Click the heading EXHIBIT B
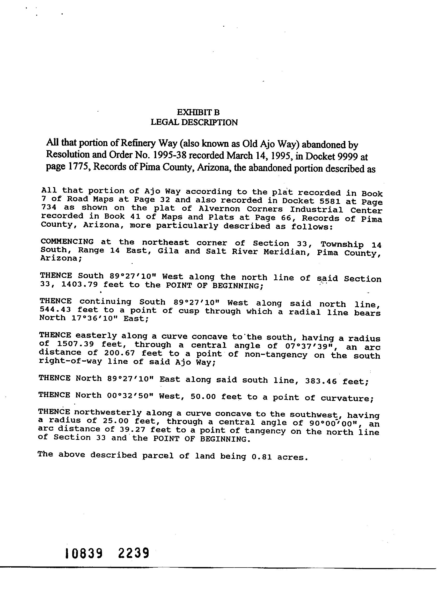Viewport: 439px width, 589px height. [198, 112]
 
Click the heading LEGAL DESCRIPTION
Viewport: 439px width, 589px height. [194, 123]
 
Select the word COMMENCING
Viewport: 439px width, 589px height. [67, 242]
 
